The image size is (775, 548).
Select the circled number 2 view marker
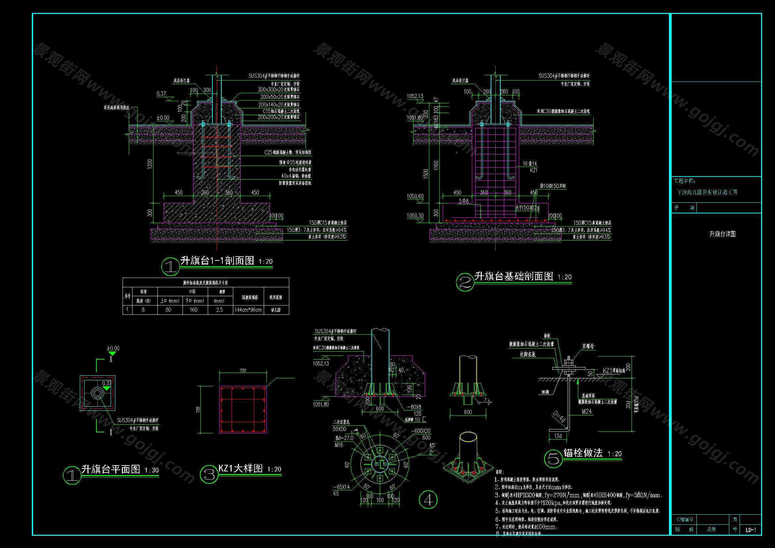point(465,282)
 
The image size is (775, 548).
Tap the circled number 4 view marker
point(428,500)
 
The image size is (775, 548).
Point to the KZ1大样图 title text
point(240,468)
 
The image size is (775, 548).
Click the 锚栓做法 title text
point(583,453)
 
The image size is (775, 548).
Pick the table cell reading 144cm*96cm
point(248,310)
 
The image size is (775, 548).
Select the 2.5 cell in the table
point(219,310)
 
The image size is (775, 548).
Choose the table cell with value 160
point(194,310)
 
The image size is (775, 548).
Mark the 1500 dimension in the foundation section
point(426,173)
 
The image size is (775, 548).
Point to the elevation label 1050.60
point(415,196)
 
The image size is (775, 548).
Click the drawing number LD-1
point(750,530)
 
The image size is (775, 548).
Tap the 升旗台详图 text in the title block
point(722,234)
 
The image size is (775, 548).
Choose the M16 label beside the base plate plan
point(339,445)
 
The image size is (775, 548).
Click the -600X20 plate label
point(420,431)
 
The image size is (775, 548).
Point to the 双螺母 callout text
point(588,347)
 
